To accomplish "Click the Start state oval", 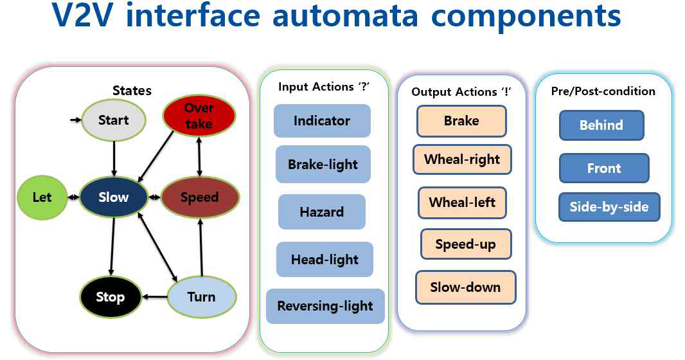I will click(114, 120).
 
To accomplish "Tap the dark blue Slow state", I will click(114, 197).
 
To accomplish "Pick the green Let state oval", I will click(42, 197).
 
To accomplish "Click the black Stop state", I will click(110, 297).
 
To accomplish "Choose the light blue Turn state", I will click(201, 296).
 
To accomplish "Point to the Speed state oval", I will click(199, 197).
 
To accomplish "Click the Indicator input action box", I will click(322, 121).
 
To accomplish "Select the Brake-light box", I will click(323, 165).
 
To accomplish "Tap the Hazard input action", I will click(321, 212).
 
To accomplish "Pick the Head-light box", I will click(325, 260).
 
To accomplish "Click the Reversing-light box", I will click(325, 306).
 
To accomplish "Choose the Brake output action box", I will click(461, 121).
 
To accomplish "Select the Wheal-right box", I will click(463, 159).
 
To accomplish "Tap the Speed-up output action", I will click(465, 244).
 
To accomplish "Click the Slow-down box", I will click(465, 287).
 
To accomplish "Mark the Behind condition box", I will click(601, 125).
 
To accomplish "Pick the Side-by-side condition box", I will click(609, 207).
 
